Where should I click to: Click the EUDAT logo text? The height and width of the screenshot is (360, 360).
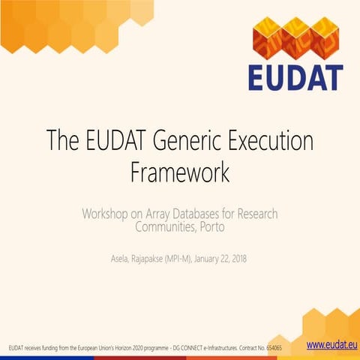pos(295,76)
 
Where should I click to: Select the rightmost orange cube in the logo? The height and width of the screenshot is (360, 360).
pos(327,37)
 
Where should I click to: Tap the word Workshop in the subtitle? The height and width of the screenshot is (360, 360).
pos(109,214)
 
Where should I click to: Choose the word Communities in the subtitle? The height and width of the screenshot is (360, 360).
pos(161,226)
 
